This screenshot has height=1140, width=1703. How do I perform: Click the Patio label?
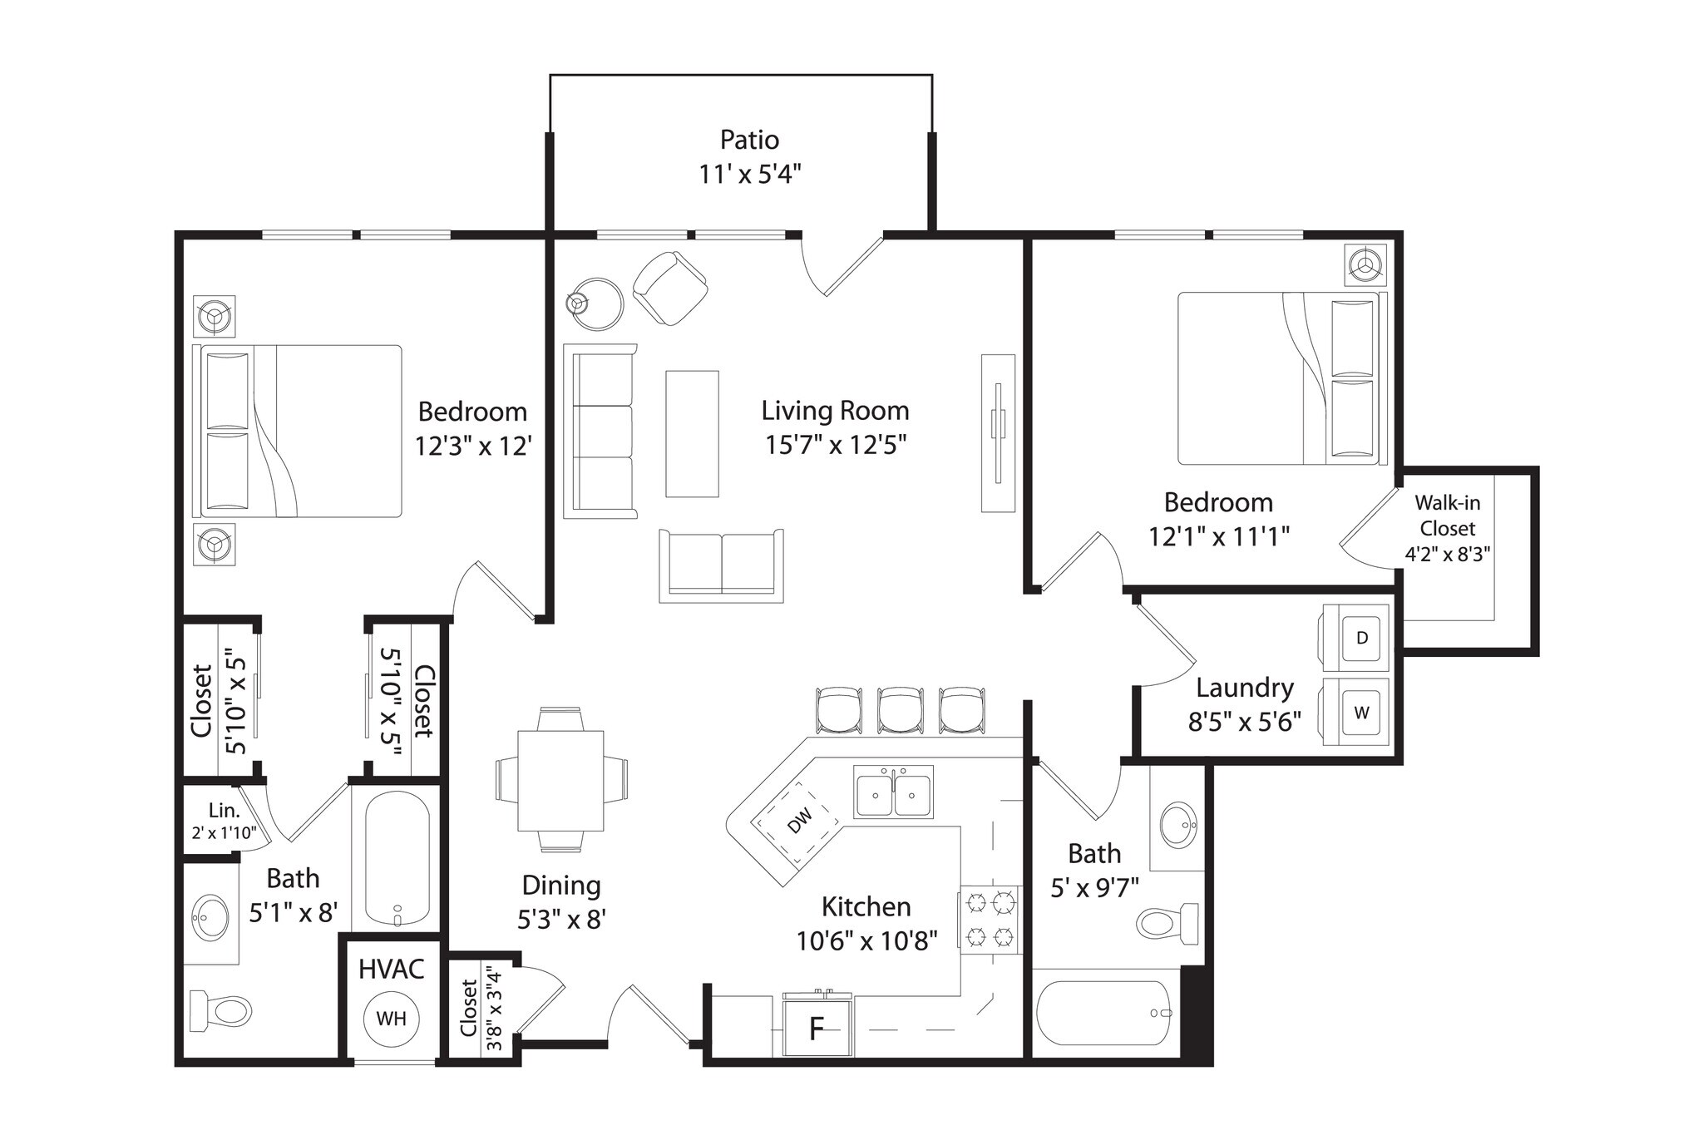point(749,139)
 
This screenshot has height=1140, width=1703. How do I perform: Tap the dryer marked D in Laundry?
point(1361,638)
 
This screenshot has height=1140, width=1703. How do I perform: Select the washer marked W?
point(1361,713)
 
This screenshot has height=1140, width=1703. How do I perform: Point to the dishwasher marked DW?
point(797,821)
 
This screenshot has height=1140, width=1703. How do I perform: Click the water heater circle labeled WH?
point(392,1018)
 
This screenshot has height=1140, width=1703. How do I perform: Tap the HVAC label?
point(392,969)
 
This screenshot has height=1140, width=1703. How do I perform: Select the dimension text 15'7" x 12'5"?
point(835,445)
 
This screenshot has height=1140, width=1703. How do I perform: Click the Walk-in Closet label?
point(1447,516)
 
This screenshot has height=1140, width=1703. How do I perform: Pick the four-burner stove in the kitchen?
point(990,920)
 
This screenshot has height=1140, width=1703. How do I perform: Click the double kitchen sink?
point(894,792)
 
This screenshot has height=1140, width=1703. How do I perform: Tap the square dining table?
point(560,781)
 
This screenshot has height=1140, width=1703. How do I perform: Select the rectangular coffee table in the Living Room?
point(692,433)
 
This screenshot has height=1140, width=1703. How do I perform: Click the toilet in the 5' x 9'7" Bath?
point(1166,922)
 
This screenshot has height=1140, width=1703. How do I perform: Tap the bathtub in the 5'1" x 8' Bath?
point(397,858)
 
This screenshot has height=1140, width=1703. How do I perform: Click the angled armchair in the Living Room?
point(670,288)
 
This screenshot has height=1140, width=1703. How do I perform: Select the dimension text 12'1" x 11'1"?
point(1218,536)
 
